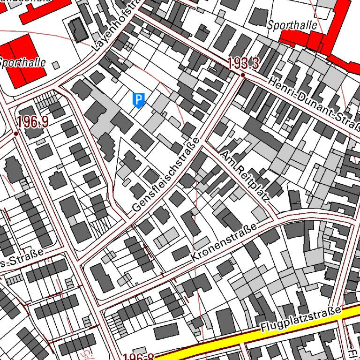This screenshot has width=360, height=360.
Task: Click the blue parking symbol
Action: pyautogui.click(x=138, y=100)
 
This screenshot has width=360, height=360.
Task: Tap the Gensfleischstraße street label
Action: pyautogui.click(x=166, y=174)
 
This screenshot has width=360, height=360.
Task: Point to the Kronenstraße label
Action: pyautogui.click(x=225, y=243)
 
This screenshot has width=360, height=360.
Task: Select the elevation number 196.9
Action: pyautogui.click(x=33, y=122)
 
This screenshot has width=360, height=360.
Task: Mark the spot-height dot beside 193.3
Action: pyautogui.click(x=243, y=75)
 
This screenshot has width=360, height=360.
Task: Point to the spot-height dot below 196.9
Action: pyautogui.click(x=16, y=134)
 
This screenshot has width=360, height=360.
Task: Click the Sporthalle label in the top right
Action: pyautogui.click(x=292, y=25)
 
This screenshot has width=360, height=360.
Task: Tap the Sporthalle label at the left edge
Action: pyautogui.click(x=22, y=62)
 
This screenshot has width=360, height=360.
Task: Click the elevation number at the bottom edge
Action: pyautogui.click(x=139, y=357)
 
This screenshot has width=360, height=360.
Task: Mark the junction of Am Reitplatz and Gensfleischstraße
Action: pyautogui.click(x=202, y=144)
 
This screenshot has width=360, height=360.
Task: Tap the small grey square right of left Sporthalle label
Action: pyautogui.click(x=56, y=65)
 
